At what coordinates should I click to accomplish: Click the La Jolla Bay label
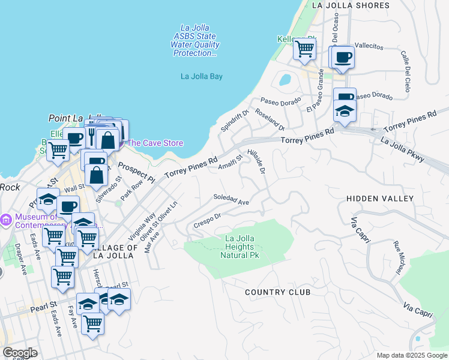click(x=202, y=76)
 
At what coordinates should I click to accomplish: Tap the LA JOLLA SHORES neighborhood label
click(x=351, y=5)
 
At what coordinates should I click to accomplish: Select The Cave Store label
click(x=155, y=143)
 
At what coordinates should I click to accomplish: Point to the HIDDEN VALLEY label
click(x=380, y=198)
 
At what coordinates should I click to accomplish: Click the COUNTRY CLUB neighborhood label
click(x=277, y=292)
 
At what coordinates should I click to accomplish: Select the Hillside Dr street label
click(x=256, y=161)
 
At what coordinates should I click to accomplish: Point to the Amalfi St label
click(x=230, y=162)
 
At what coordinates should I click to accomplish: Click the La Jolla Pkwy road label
click(x=403, y=149)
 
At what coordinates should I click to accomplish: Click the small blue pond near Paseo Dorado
click(x=285, y=79)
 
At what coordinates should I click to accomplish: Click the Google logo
click(x=20, y=353)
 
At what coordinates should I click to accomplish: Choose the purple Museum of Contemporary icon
click(x=5, y=220)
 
